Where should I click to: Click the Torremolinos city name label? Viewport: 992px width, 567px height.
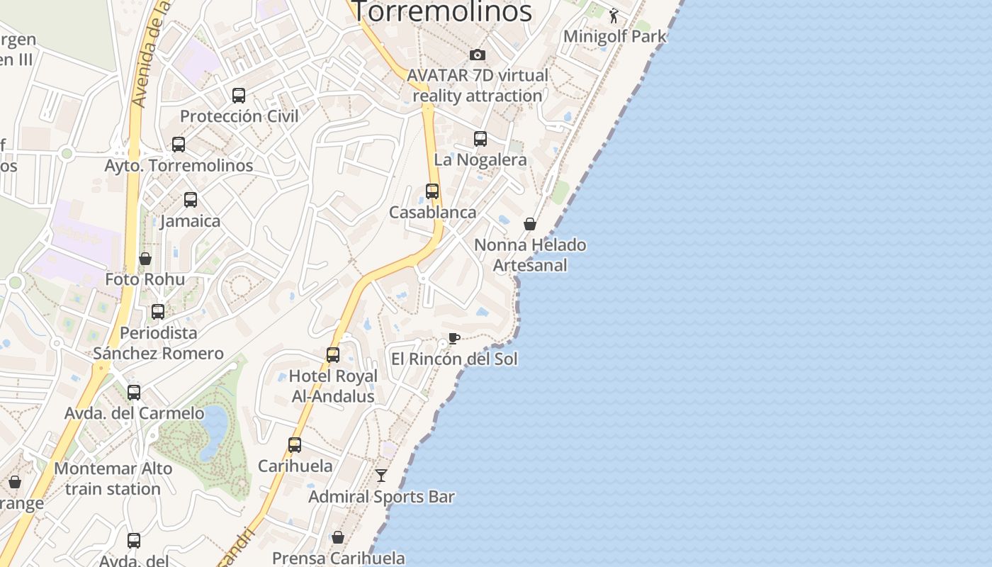[442, 11]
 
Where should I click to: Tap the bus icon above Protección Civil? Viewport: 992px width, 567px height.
[239, 95]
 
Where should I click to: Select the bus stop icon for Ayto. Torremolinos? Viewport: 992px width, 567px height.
[179, 145]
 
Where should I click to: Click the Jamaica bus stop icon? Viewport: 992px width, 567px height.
[191, 200]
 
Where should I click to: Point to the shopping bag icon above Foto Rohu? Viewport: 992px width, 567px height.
[145, 259]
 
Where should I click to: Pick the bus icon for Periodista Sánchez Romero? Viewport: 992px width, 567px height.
[158, 312]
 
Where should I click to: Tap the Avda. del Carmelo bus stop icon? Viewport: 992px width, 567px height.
[134, 393]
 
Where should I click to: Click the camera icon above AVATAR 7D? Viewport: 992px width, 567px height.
[478, 55]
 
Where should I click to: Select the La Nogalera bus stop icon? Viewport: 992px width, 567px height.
[480, 139]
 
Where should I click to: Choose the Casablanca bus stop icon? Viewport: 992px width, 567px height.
[432, 191]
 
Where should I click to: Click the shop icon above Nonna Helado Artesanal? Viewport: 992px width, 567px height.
[530, 225]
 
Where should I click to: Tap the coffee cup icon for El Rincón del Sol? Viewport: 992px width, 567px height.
[454, 338]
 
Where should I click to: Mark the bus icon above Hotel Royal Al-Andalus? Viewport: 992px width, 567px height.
[333, 355]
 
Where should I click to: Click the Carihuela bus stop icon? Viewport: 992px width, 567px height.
[295, 445]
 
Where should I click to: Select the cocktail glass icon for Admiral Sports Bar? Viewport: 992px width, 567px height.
[382, 476]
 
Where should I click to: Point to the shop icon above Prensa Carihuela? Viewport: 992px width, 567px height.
[338, 537]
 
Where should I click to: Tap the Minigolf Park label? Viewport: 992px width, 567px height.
[615, 36]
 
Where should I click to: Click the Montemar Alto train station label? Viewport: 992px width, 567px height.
[113, 478]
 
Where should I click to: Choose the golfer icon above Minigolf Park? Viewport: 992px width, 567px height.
[614, 16]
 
